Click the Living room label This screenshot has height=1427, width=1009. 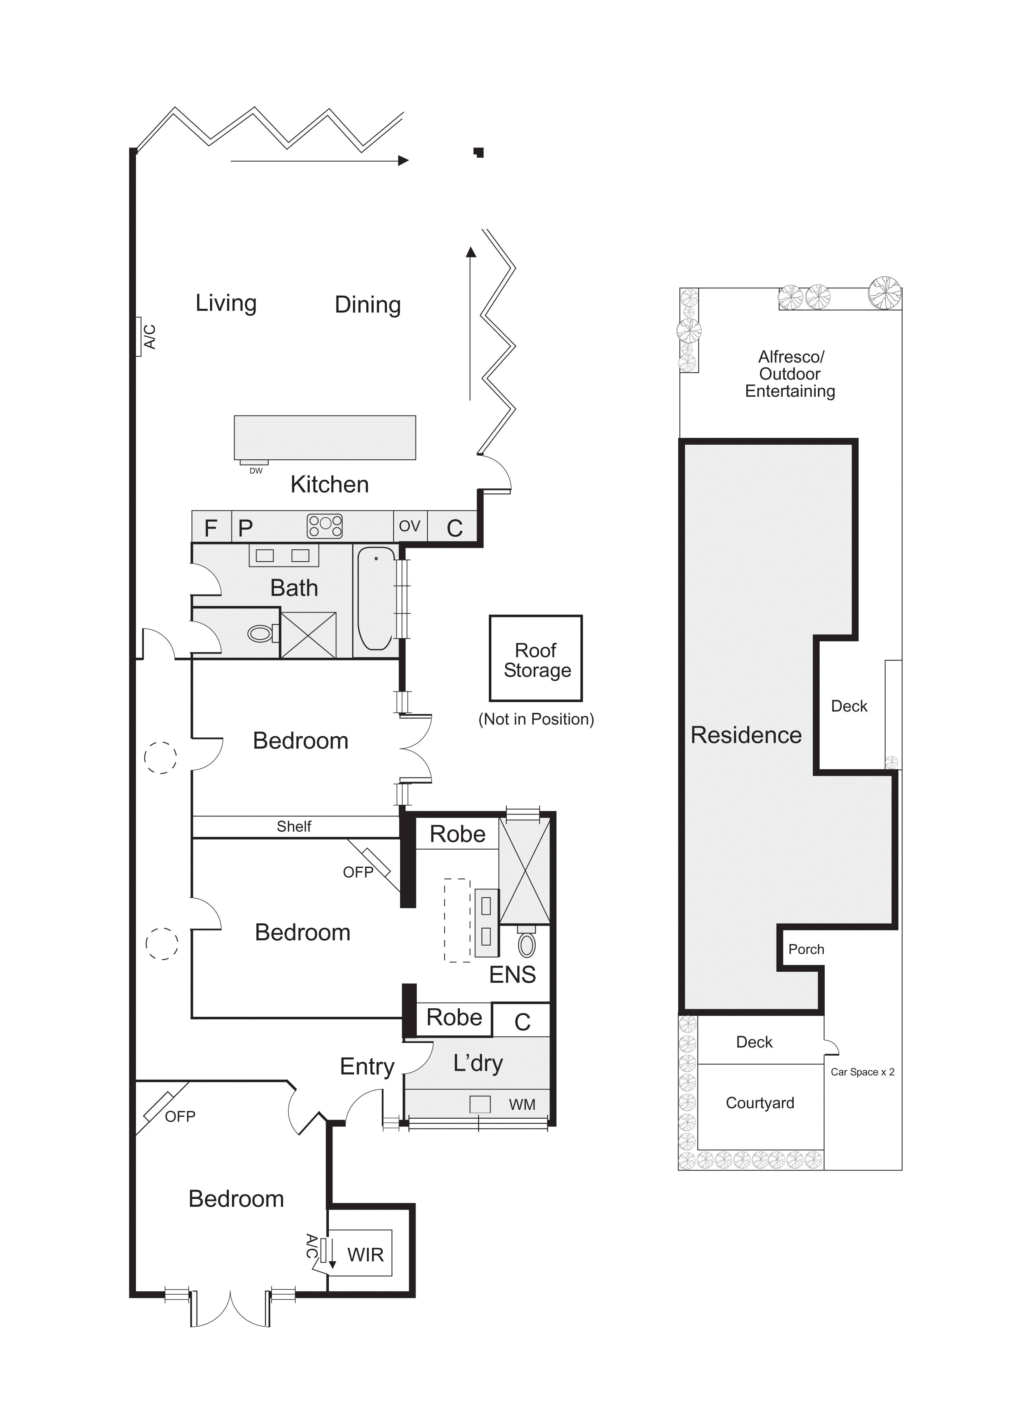[x=226, y=303]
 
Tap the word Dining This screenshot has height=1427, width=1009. [x=368, y=305]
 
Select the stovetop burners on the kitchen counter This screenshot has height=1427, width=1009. [x=325, y=527]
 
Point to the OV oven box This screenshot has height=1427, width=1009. [x=410, y=527]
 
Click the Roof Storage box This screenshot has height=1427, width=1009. [x=536, y=658]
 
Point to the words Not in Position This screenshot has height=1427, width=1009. [x=536, y=719]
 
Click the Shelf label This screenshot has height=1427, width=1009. [x=294, y=827]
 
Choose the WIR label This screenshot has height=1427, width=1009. [x=366, y=1255]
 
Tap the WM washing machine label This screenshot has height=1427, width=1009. [x=522, y=1104]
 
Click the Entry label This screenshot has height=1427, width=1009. [x=367, y=1067]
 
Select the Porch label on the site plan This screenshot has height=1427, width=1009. [x=806, y=949]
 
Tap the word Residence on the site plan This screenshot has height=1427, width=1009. [x=746, y=735]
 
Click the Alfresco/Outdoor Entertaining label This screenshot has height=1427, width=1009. [x=790, y=373]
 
